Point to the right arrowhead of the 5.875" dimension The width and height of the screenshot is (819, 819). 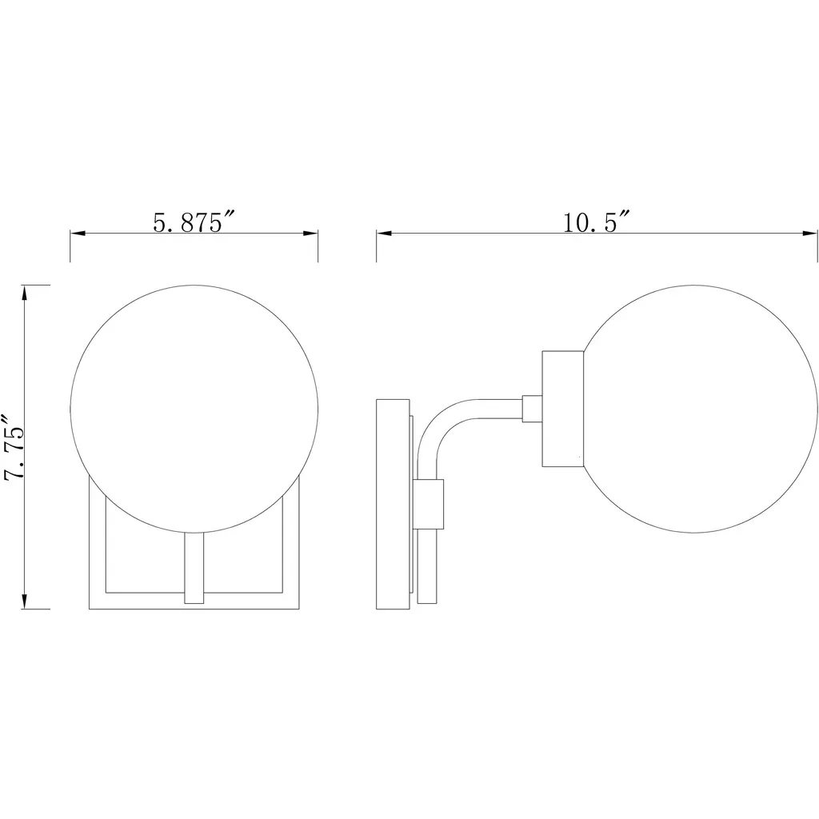pyautogui.click(x=311, y=233)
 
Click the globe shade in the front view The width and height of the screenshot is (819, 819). pyautogui.click(x=194, y=409)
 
